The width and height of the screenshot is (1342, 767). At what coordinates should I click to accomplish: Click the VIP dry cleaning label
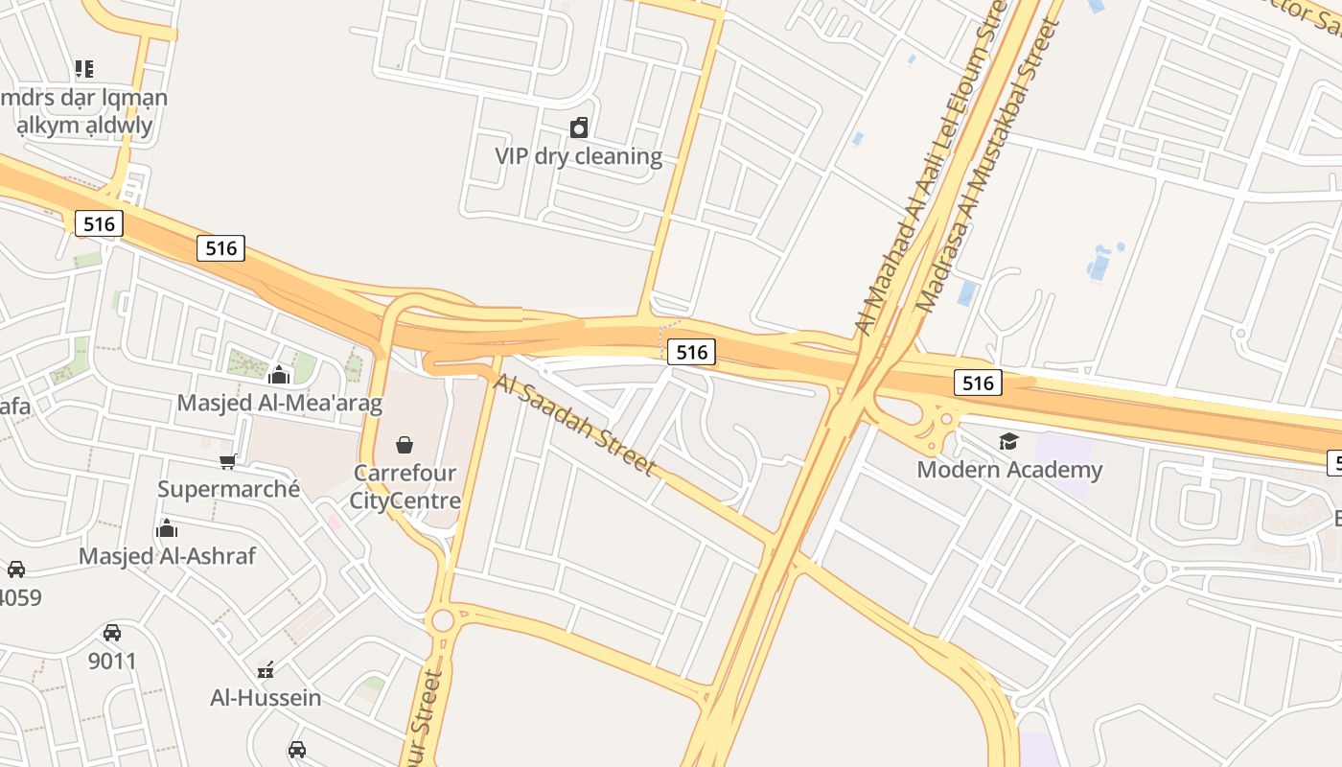click(578, 156)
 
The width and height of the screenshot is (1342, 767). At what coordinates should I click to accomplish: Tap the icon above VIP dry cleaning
click(579, 128)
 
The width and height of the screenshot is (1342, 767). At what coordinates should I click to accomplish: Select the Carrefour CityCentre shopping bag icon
click(405, 445)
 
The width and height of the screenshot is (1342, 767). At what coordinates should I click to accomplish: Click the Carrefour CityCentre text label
click(405, 487)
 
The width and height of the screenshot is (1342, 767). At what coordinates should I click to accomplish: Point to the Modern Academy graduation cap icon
click(1008, 441)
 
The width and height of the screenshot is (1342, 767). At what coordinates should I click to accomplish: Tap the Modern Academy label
click(1009, 470)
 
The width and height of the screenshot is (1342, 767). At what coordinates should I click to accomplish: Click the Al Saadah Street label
click(575, 424)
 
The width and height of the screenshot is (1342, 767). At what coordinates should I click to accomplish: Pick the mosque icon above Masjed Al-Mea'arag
click(279, 374)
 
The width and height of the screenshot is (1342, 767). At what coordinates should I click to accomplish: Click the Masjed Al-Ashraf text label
click(167, 556)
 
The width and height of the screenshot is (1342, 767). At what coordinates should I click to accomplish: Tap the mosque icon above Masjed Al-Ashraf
click(167, 528)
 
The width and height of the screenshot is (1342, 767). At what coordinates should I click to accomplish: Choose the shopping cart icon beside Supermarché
click(228, 461)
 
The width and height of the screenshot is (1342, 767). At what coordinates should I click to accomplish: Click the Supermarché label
click(229, 489)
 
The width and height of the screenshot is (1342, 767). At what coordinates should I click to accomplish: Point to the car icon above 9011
click(112, 633)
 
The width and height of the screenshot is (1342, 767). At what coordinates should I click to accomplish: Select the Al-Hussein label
click(266, 697)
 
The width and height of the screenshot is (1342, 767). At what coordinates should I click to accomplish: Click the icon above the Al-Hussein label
click(266, 669)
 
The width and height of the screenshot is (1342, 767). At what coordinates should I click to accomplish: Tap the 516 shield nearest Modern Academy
click(978, 383)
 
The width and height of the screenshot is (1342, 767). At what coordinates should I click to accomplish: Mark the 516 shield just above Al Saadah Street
click(691, 352)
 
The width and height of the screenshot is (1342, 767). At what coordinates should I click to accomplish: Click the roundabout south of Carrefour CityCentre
click(442, 620)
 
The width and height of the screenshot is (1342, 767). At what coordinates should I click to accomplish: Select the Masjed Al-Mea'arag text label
click(279, 403)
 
